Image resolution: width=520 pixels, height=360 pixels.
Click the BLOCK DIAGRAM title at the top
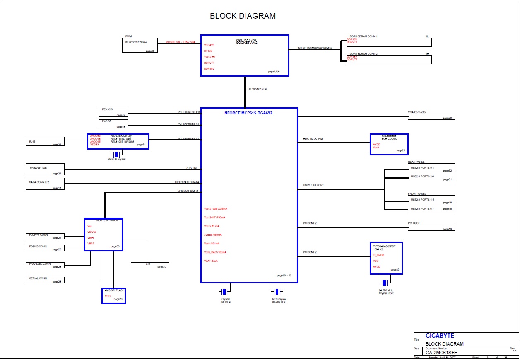pos(243,16)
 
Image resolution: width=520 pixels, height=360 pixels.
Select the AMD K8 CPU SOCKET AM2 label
pos(246,41)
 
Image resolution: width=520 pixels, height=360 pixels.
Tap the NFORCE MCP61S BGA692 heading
pos(248,113)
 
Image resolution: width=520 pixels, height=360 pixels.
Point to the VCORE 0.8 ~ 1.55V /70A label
pos(181,42)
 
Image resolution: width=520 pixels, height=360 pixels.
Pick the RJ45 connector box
pos(45,141)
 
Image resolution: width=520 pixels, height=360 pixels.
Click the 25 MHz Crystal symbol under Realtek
pos(117,155)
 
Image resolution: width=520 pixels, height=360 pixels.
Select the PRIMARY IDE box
pos(45,169)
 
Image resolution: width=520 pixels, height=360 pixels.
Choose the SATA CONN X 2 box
pos(45,184)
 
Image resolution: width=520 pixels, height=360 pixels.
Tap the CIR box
pos(149,265)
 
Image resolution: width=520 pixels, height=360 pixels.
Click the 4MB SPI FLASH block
pos(113,296)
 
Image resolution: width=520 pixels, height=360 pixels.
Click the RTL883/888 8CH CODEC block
pos(389,144)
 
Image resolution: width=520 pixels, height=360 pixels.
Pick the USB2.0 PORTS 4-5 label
pos(422,200)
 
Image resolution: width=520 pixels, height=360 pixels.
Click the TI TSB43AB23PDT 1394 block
pos(385,258)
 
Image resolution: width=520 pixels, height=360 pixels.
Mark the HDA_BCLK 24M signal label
pos(313,139)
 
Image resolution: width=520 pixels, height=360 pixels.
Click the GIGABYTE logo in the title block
pos(440,336)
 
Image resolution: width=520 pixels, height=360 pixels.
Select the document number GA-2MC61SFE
pos(441,353)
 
